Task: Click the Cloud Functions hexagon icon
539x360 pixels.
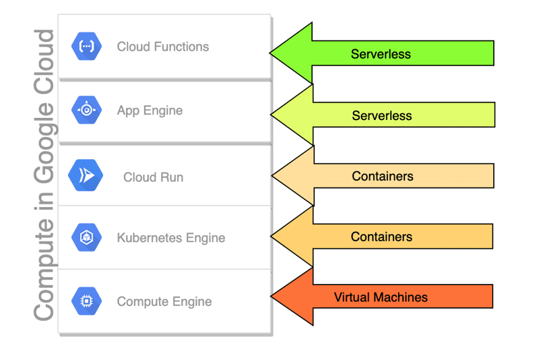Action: [86, 46]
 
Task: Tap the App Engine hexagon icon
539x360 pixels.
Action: [86, 110]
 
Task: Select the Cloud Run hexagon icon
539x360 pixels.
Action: [86, 177]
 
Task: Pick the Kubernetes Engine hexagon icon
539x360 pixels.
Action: [86, 237]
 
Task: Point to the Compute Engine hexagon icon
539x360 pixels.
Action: [86, 301]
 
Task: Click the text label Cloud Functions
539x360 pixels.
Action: [163, 47]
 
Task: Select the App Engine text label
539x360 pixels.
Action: [150, 111]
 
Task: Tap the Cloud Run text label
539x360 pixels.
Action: [153, 177]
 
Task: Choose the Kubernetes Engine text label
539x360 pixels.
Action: [171, 238]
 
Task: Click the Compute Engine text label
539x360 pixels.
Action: [164, 301]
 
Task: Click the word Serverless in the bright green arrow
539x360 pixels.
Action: [381, 54]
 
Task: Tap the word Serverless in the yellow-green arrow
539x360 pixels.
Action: [382, 116]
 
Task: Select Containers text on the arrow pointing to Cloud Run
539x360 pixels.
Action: [383, 177]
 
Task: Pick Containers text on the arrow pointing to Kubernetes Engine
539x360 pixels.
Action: [381, 237]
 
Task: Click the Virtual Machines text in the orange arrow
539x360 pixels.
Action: [381, 297]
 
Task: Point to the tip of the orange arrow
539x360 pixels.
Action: [272, 297]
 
